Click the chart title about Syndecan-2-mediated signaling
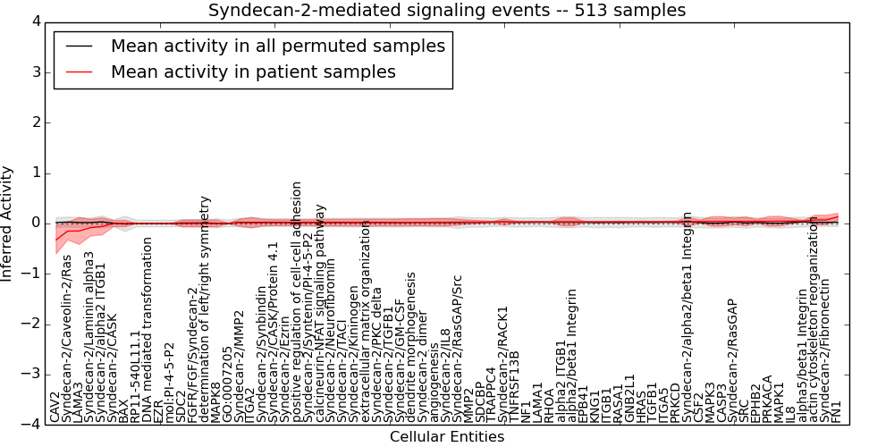[x=447, y=11]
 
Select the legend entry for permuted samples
[x=277, y=46]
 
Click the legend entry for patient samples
[x=253, y=72]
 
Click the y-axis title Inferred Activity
[x=8, y=223]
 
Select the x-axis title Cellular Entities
[x=447, y=436]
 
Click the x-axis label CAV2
[x=55, y=407]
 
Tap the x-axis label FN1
[x=837, y=410]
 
